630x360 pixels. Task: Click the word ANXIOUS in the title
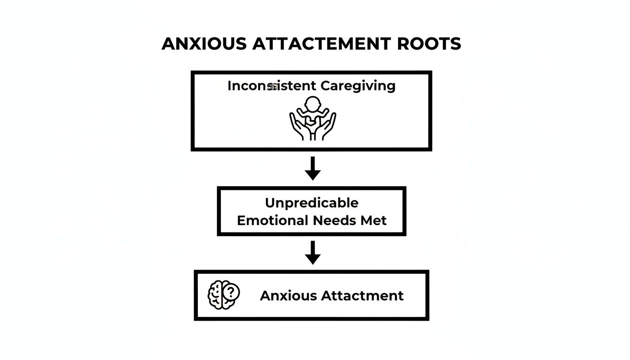tap(204, 44)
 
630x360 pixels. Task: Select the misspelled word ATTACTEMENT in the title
tap(321, 44)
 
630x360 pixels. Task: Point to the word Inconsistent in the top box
tap(272, 86)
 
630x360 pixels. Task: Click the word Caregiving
tap(358, 86)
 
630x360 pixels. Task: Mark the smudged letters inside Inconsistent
tap(271, 87)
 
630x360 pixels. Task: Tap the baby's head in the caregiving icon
tap(312, 104)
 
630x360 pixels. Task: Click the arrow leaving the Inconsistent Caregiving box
tap(313, 168)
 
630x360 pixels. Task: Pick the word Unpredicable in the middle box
tap(312, 203)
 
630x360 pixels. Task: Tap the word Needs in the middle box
tap(333, 220)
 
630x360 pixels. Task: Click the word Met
tap(374, 220)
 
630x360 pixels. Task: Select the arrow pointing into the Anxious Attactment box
tap(313, 253)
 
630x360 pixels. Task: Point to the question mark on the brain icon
tap(231, 292)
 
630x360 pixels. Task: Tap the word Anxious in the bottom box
tap(288, 296)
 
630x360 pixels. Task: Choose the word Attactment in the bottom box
tap(362, 296)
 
